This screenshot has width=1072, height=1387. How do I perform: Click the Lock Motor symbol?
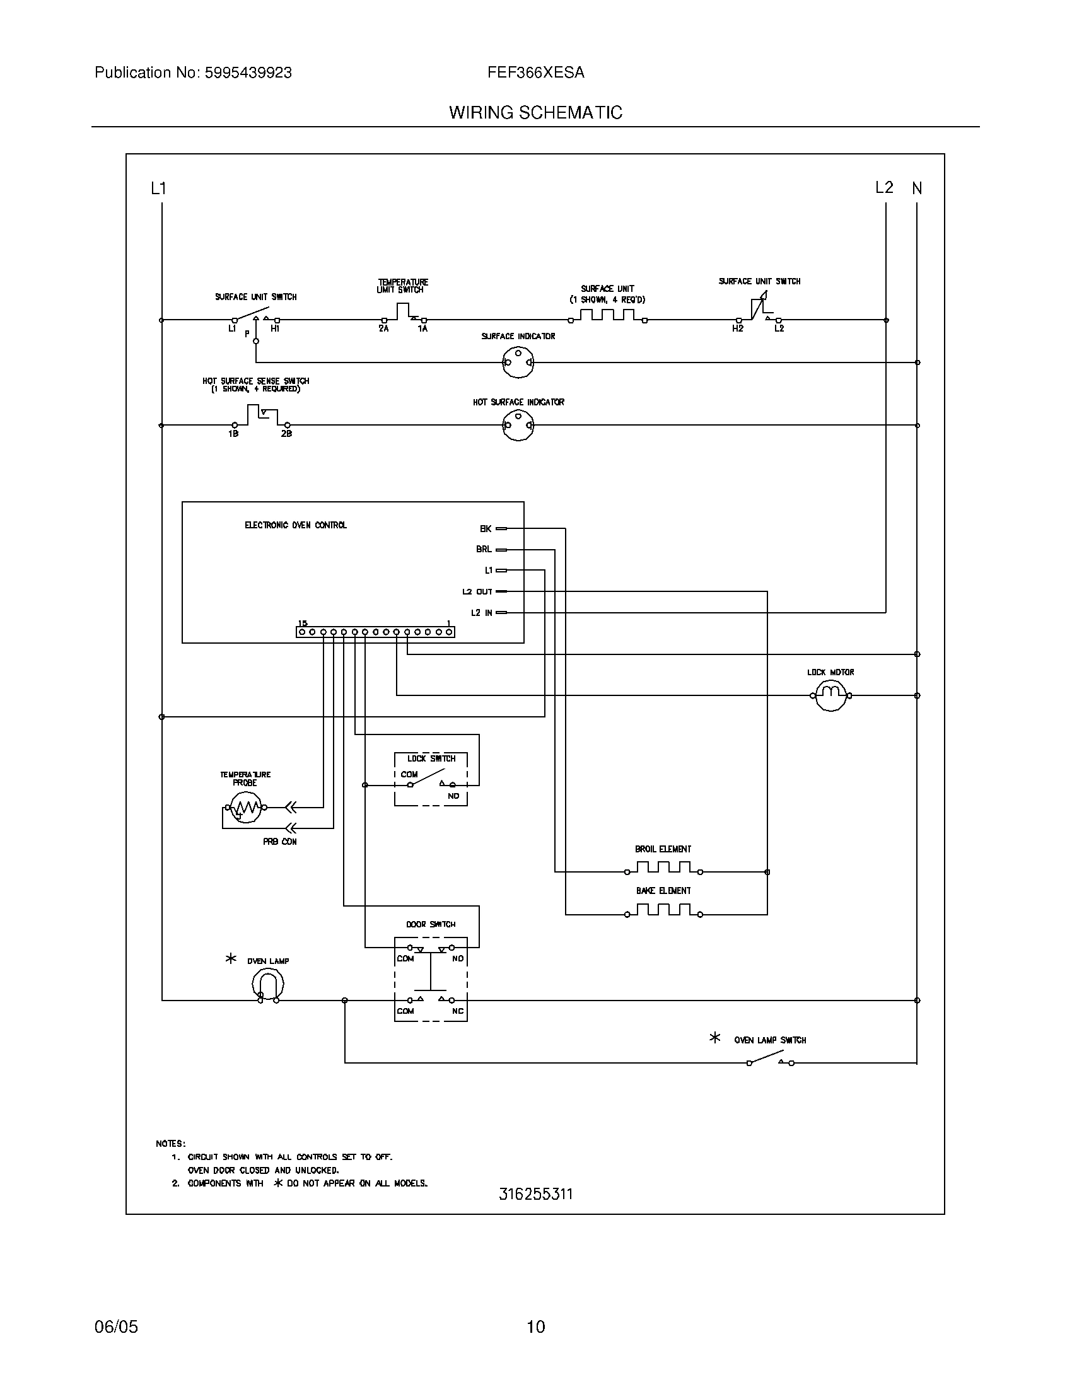coord(830,695)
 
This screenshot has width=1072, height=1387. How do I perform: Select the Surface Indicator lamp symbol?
coord(518,363)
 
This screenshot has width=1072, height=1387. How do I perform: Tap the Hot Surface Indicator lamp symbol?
coord(518,425)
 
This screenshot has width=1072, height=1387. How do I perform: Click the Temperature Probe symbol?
coord(247,808)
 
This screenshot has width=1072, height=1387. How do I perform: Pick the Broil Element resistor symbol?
coord(663,868)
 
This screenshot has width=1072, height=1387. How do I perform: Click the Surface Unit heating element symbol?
coord(607,316)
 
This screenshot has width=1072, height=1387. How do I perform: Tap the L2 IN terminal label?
coord(481,613)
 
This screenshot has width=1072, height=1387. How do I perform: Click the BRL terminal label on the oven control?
coord(484,549)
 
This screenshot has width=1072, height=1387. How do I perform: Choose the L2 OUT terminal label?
coord(477,592)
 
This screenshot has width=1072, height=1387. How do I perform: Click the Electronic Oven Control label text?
coord(295,525)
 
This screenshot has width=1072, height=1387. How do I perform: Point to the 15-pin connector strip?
coord(375,632)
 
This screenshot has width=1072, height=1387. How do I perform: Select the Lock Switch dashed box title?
coord(431,758)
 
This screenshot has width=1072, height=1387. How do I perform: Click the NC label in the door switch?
coord(458,1011)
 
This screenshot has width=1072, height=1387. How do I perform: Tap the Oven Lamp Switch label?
coord(770,1040)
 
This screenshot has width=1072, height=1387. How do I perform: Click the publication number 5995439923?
coord(248,73)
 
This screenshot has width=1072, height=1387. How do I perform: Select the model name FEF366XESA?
coord(535,73)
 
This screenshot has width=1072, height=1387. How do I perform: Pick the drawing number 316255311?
coord(535,1195)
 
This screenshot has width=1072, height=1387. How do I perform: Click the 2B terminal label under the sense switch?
coord(286,434)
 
